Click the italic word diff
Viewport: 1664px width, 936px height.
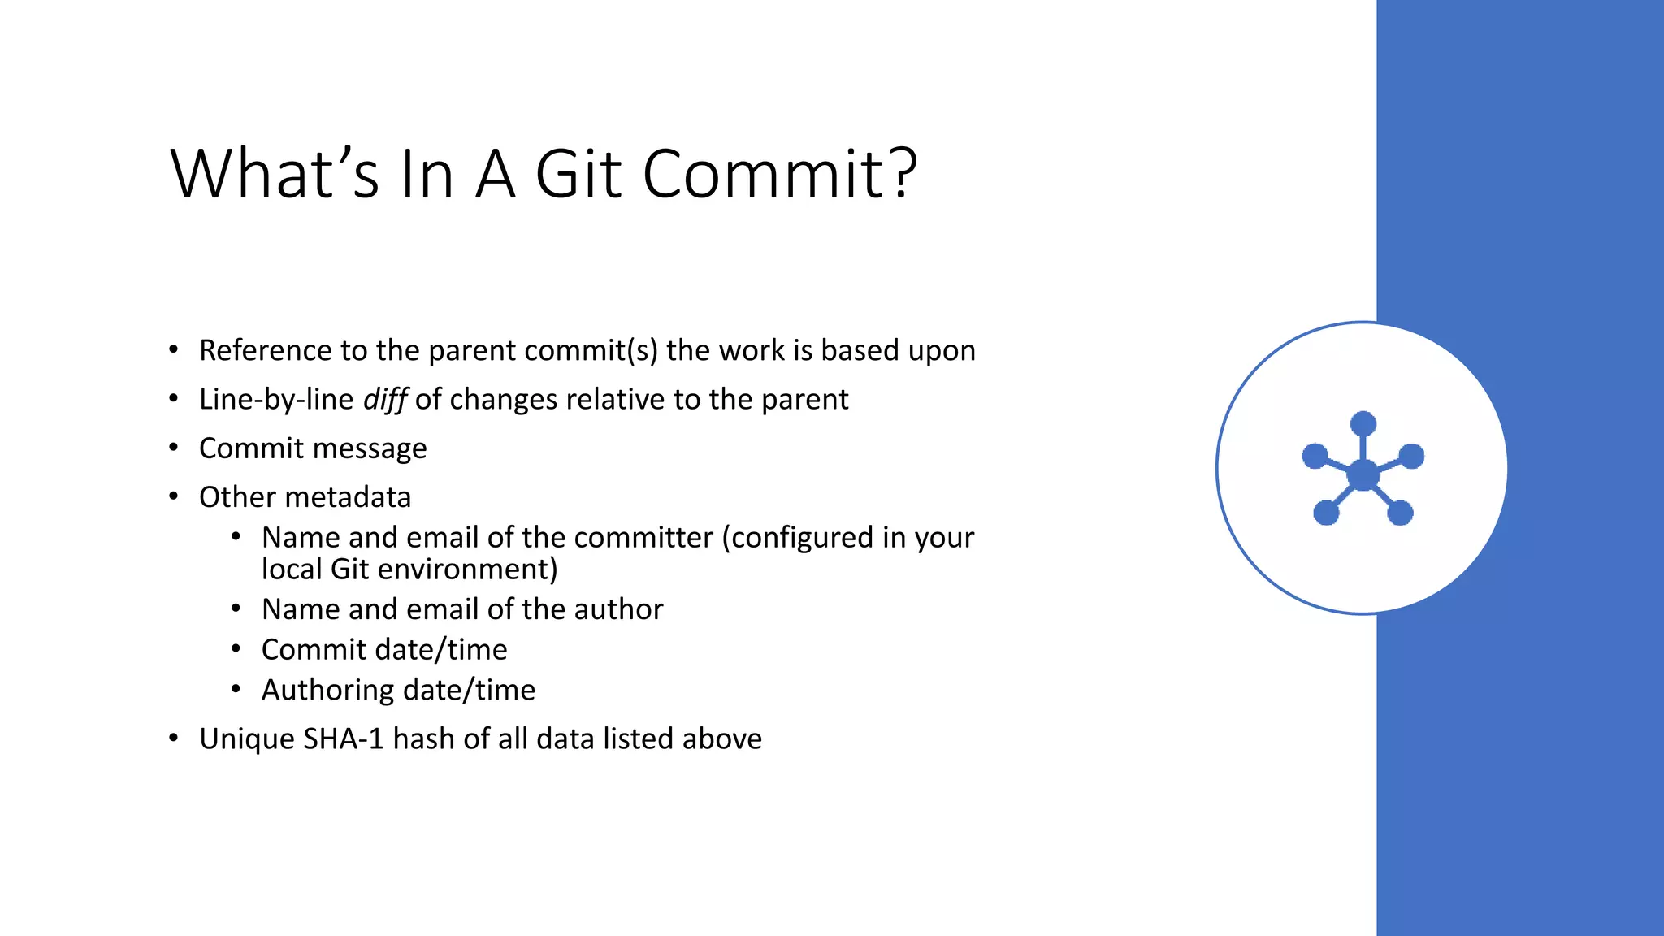(x=384, y=400)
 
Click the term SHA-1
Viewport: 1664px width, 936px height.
(x=343, y=739)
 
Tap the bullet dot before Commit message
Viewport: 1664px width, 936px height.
(x=173, y=448)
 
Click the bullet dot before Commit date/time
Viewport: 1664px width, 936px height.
(x=236, y=649)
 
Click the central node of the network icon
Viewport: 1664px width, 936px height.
(x=1363, y=475)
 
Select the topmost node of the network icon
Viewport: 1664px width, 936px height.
(x=1363, y=424)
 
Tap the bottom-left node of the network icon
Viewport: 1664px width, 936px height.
(x=1326, y=513)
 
